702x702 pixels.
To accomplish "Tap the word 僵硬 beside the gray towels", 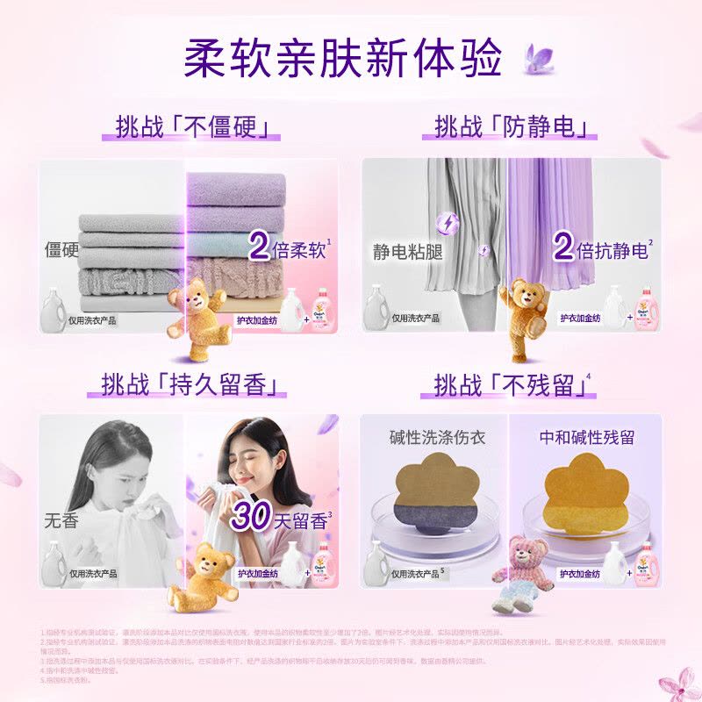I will (61, 249).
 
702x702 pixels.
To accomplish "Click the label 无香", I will (61, 519).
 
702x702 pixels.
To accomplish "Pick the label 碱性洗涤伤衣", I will (437, 437).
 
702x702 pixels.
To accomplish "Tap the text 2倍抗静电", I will (601, 249).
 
